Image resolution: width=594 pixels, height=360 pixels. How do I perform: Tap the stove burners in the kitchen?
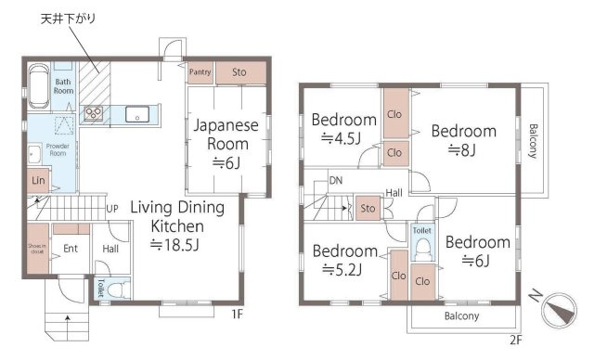coord(94,114)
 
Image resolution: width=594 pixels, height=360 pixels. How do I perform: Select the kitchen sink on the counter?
coord(137,115)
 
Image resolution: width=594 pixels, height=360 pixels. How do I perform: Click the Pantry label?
coord(200,71)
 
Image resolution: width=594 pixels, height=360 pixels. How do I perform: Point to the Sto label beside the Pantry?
coord(238,71)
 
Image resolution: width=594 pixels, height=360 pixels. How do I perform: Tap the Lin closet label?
coord(38,180)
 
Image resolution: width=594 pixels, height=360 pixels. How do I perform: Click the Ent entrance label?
coord(70,249)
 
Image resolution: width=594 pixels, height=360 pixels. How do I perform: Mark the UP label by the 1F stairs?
coord(111,208)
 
